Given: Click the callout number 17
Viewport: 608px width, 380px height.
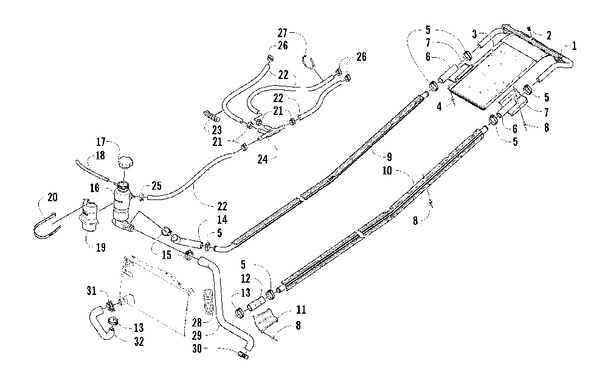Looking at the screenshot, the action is [x=101, y=142].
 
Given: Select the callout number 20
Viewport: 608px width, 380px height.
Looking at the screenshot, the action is [x=52, y=198].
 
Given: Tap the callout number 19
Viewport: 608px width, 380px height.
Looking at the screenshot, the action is [x=101, y=247].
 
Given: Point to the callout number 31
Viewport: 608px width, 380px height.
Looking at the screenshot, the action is [x=91, y=291].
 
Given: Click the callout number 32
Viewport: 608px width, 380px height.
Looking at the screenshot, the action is [x=139, y=342].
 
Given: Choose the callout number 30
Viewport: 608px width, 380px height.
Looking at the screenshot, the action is [x=197, y=349].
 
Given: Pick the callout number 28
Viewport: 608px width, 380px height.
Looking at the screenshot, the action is [x=197, y=322].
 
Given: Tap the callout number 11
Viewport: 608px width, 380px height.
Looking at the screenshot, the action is [x=302, y=310].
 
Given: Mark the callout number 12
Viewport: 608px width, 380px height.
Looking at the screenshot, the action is [x=246, y=279].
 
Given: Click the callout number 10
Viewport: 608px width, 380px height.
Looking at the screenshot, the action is [x=387, y=171].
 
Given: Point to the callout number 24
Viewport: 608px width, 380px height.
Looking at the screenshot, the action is [x=263, y=159].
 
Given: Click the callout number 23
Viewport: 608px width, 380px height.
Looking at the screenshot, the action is [x=216, y=130].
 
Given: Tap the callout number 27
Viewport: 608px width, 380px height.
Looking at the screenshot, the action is [x=283, y=32].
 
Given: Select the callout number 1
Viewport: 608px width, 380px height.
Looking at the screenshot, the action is [x=575, y=46].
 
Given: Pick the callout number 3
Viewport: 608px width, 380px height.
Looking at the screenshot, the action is [x=474, y=33].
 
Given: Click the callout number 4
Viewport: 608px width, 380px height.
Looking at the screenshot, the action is [x=439, y=106].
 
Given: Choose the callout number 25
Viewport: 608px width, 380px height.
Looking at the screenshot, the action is [x=156, y=185].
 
